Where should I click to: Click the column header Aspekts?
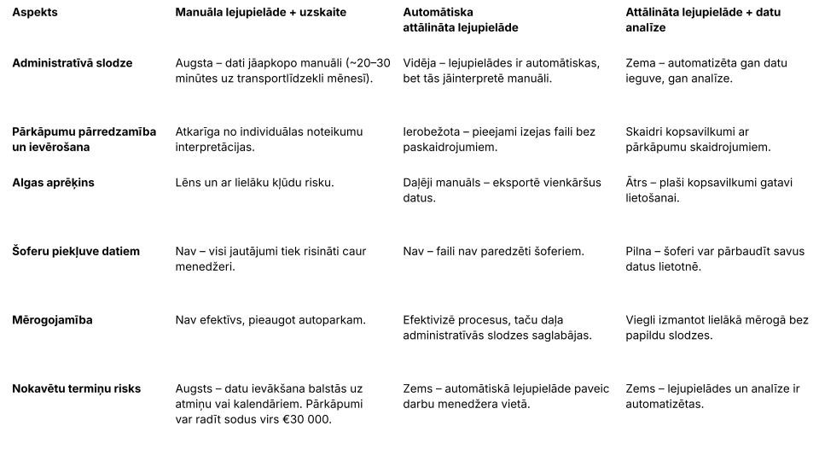click(x=35, y=13)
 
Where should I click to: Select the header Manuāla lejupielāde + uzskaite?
click(x=260, y=13)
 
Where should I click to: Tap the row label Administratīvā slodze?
click(x=72, y=63)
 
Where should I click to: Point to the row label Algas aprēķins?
click(x=53, y=183)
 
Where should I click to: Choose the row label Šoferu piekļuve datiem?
click(x=75, y=251)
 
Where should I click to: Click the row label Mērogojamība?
click(x=52, y=320)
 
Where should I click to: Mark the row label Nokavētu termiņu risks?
click(x=76, y=388)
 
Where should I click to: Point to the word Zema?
click(x=642, y=63)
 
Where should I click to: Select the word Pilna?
click(x=641, y=251)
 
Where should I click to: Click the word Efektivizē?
click(x=433, y=320)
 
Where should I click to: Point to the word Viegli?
click(x=643, y=320)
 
